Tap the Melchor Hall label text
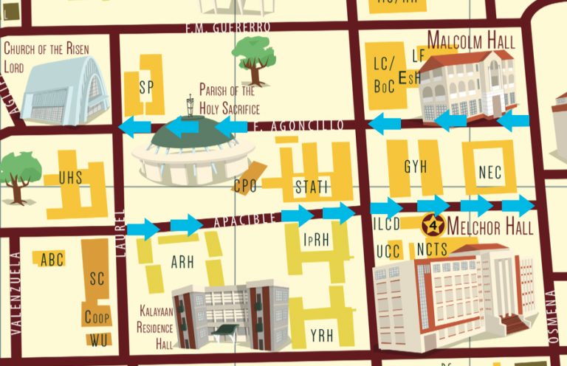[x=489, y=226]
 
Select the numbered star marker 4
[x=430, y=224]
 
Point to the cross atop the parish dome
[x=190, y=103]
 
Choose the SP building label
[x=145, y=87]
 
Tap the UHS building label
[x=71, y=177]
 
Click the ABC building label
[x=52, y=259]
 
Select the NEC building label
[x=489, y=172]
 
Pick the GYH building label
[x=416, y=168]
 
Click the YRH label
[x=322, y=336]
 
